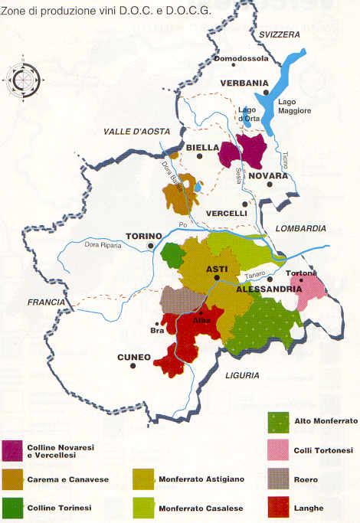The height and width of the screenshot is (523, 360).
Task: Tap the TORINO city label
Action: (x=144, y=236)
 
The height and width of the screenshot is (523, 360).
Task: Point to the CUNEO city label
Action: (x=112, y=357)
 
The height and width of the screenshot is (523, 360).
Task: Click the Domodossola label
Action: (x=240, y=58)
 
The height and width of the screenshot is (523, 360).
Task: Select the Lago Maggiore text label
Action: (x=295, y=106)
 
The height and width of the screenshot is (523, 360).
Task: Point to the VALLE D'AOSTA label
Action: (x=132, y=132)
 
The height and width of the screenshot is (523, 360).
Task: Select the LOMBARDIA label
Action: (x=301, y=228)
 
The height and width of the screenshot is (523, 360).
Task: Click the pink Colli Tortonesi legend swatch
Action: (x=278, y=449)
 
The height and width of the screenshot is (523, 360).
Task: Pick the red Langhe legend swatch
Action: (x=278, y=506)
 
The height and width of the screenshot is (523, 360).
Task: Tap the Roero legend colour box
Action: (x=278, y=478)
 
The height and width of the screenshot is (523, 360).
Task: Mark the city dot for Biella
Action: (x=199, y=156)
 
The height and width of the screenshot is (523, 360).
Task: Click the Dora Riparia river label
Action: (x=98, y=245)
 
